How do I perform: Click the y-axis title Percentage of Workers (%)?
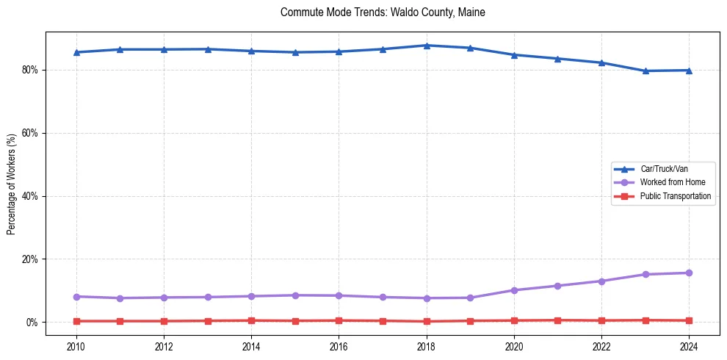[11, 184]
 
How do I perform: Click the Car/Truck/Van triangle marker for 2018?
[427, 46]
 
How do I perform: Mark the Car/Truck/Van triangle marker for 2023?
[645, 71]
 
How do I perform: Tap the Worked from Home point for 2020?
[514, 290]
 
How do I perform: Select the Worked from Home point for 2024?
[689, 273]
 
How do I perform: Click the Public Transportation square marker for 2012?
[164, 321]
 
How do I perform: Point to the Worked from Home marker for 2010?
[76, 296]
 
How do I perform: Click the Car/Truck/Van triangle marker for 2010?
[76, 52]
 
